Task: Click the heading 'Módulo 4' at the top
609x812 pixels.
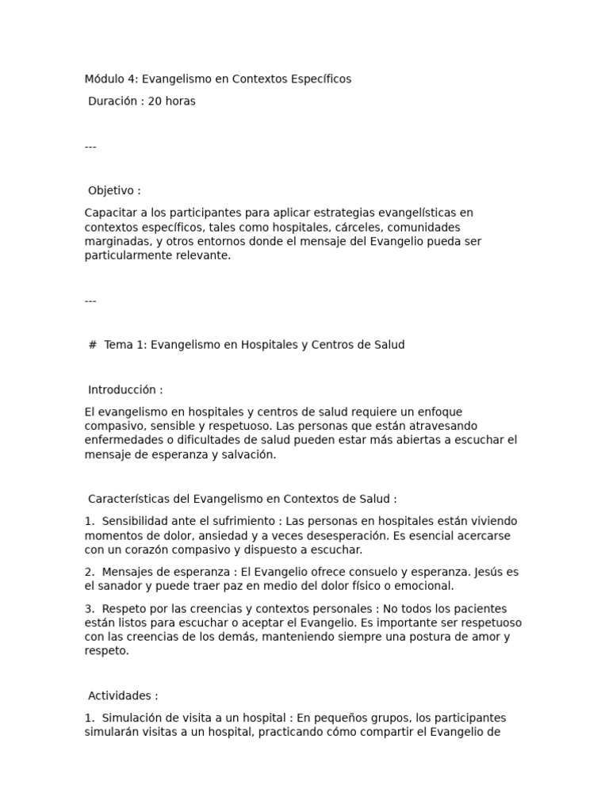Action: pos(109,79)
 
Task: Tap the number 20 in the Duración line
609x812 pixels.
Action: pos(155,101)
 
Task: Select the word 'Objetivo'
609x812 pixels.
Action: pos(110,191)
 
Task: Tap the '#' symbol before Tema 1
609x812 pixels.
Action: pos(93,345)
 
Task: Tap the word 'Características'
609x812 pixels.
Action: pos(128,500)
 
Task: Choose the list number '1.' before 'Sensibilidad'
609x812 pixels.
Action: pos(90,522)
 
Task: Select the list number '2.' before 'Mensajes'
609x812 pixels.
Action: pos(90,573)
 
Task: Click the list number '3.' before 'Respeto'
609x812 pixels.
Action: pos(90,609)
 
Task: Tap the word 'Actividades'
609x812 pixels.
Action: pos(120,696)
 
